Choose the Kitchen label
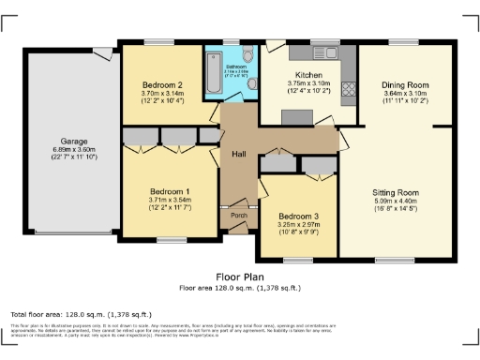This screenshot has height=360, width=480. point(308,74)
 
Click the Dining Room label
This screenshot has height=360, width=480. point(404,84)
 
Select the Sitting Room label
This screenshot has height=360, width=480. point(395,191)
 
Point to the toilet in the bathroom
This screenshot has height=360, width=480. point(253,83)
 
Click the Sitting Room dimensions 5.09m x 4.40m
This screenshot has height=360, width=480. point(395,200)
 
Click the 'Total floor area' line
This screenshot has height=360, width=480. point(81,314)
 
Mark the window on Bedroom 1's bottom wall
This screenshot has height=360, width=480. point(171,240)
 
